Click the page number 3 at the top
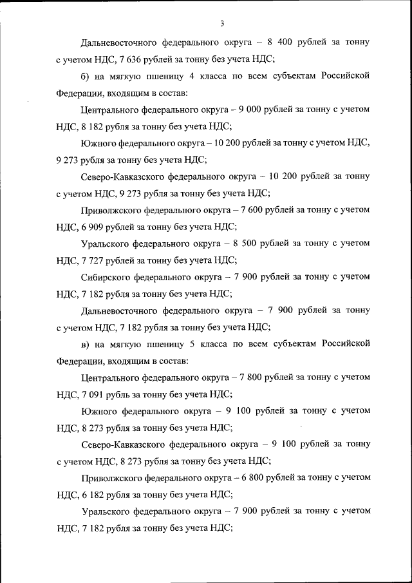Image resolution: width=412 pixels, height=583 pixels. (x=221, y=24)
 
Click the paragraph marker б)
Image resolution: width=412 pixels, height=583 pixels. (x=87, y=76)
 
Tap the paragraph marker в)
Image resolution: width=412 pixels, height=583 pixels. (x=87, y=344)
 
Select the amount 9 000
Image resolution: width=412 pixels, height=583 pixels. (x=239, y=110)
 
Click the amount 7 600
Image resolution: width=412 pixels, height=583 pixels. (x=239, y=210)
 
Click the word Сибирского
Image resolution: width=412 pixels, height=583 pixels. (x=106, y=277)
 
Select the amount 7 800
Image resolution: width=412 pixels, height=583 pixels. (x=239, y=378)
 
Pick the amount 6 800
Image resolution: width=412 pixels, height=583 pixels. (x=239, y=478)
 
